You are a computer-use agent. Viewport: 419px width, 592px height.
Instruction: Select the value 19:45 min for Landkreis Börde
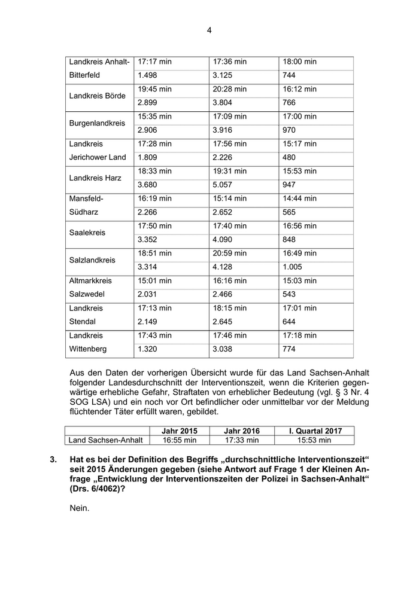(x=154, y=89)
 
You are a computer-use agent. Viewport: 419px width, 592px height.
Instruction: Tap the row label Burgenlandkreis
(x=97, y=123)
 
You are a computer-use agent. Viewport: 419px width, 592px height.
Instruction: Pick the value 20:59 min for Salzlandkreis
(x=230, y=254)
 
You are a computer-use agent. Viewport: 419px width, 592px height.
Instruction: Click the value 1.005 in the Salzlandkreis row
(x=293, y=267)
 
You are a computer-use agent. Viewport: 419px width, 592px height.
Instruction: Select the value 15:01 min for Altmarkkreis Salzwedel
(x=154, y=280)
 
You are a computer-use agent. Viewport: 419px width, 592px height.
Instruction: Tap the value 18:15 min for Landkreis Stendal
(x=230, y=308)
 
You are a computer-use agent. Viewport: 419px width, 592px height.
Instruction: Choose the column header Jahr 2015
(x=180, y=431)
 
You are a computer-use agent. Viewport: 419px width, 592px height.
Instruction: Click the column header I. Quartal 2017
(x=314, y=431)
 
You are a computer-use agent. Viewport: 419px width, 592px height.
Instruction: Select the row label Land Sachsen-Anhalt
(x=106, y=440)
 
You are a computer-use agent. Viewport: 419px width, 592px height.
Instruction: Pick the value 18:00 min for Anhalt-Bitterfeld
(x=299, y=62)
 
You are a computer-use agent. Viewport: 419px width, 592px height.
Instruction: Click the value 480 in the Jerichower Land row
(x=289, y=157)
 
